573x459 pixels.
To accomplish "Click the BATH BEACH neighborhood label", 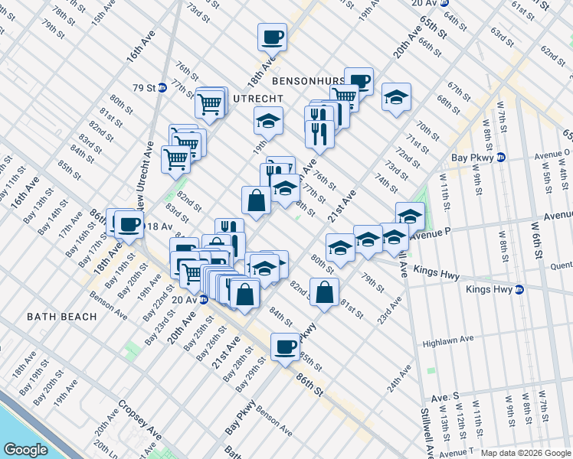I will point(61,316).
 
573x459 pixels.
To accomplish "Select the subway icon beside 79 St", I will point(162,87).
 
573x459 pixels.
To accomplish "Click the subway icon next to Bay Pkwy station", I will point(501,158).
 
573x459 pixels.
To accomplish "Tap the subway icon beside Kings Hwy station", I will point(519,289).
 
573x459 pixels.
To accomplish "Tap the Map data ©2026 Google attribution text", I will point(526,453).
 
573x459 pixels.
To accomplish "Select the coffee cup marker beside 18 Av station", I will point(129,223).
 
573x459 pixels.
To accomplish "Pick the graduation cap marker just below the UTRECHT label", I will point(268,121).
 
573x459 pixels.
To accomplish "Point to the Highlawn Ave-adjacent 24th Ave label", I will point(394,378).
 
